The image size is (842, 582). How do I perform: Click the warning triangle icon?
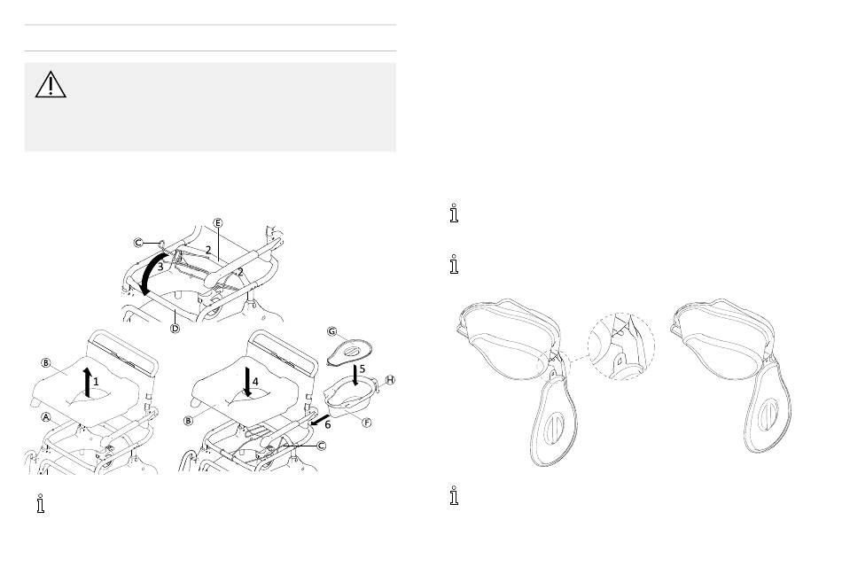point(51,84)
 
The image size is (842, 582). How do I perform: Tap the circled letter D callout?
point(175,329)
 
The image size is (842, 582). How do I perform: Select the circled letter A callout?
point(43,415)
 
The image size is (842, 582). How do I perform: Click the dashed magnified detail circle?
point(622,345)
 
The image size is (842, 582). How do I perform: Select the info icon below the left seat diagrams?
point(39,504)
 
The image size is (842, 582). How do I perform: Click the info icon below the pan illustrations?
point(455,497)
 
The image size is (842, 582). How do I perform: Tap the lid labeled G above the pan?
point(352,351)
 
